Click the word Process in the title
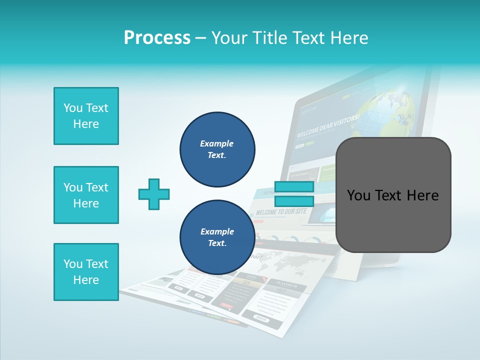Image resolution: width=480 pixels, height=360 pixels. click(157, 37)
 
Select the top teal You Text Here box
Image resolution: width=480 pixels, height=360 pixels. click(86, 116)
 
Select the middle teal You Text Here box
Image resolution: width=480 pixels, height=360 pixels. click(86, 195)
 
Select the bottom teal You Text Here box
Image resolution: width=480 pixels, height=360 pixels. click(86, 272)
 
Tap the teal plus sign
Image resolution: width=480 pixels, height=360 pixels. click(154, 194)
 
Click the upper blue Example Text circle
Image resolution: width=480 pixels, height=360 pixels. click(217, 149)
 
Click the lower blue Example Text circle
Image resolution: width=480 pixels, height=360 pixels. click(217, 237)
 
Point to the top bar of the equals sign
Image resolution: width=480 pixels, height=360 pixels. click(294, 187)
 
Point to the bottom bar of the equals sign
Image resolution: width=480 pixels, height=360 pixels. click(294, 201)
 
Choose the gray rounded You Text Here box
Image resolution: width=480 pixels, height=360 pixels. click(393, 195)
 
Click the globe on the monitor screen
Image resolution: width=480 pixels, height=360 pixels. click(392, 110)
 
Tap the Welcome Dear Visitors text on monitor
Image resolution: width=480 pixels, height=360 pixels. click(328, 126)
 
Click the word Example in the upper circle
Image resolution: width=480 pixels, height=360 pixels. click(217, 143)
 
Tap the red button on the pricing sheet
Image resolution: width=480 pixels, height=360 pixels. click(226, 305)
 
